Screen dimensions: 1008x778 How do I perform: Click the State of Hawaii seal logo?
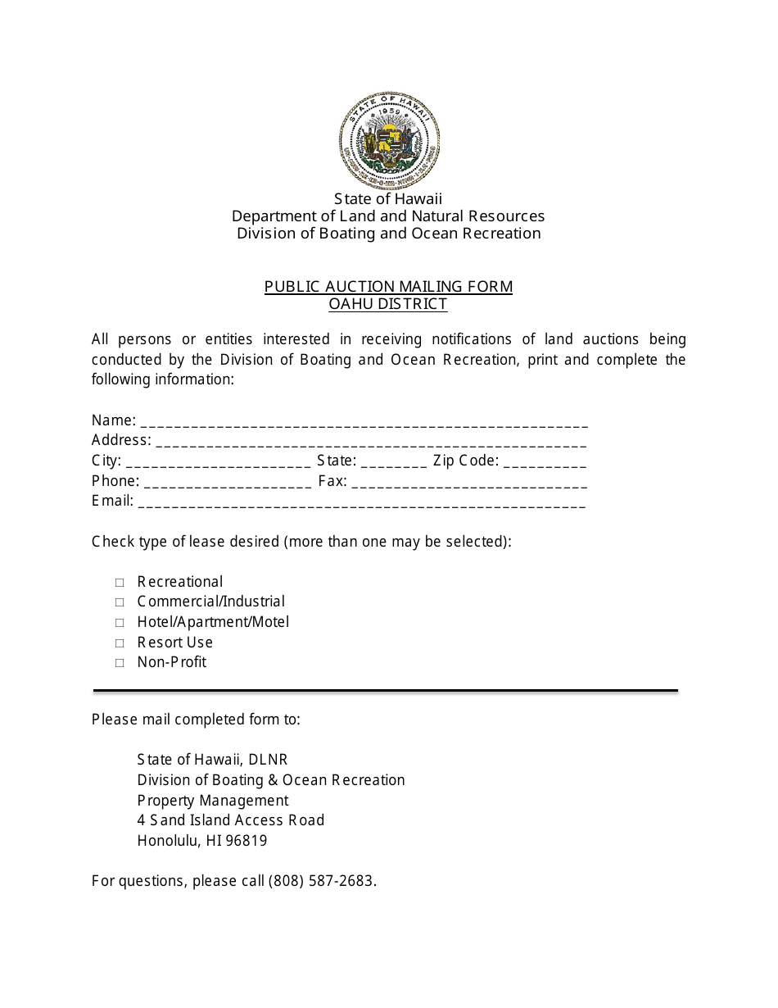pos(389,140)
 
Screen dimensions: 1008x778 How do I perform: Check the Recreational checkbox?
pos(120,583)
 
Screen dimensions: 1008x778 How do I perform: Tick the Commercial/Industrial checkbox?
pos(120,602)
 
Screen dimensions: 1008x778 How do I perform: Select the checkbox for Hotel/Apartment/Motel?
pos(120,623)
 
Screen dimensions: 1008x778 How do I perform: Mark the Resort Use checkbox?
pos(120,643)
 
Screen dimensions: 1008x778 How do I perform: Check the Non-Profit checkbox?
pos(120,663)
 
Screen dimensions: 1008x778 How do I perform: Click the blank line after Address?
pos(370,443)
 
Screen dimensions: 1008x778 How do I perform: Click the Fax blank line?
pos(468,484)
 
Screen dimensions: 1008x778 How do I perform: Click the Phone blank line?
pos(227,484)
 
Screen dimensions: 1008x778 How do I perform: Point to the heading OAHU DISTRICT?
pos(388,304)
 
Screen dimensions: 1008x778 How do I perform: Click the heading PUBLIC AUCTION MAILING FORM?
pos(388,287)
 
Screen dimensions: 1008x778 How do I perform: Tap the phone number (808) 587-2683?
pos(321,881)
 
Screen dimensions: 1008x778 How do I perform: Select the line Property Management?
pos(213,801)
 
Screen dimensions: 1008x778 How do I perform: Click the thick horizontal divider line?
pos(385,691)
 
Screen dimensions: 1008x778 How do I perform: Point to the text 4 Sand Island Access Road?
pos(231,820)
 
